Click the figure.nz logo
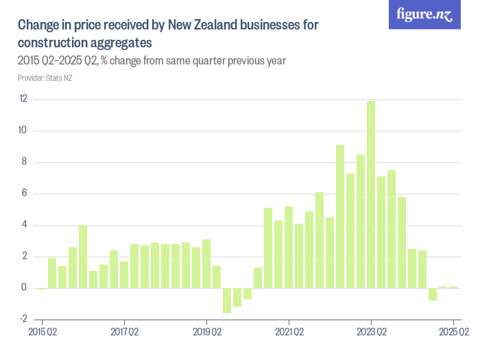(424, 14)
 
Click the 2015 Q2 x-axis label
(42, 333)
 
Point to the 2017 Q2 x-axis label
(124, 333)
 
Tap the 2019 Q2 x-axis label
(206, 333)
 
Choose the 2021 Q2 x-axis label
(289, 333)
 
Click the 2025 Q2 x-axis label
(453, 333)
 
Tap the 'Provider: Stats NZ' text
(45, 78)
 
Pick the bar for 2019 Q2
(206, 264)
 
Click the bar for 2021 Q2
(289, 247)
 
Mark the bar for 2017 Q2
(124, 274)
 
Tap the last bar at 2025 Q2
(453, 287)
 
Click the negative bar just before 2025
(433, 294)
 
